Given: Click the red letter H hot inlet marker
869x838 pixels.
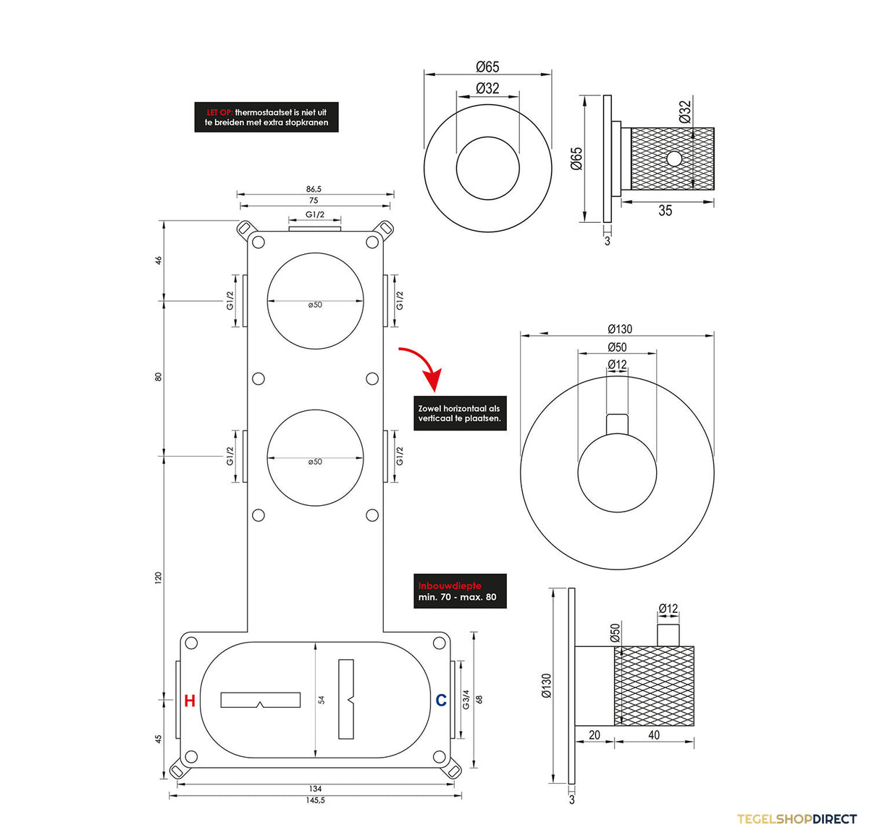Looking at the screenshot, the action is [190, 701].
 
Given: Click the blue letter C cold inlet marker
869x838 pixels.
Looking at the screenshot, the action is [441, 700].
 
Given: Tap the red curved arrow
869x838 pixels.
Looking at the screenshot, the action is [422, 368].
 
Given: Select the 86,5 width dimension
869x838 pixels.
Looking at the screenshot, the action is [314, 189].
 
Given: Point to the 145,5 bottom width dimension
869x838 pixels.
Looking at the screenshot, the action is [315, 800].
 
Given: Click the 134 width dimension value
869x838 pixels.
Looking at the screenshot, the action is [315, 789].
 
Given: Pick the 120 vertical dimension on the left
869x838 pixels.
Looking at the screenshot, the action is [158, 578].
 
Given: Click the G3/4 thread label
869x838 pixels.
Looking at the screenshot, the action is [466, 699].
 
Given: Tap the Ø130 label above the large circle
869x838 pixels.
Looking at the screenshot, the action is [620, 329].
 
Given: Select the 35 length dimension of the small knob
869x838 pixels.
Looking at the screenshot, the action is [665, 211].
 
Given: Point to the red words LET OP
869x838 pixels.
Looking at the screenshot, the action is [219, 112].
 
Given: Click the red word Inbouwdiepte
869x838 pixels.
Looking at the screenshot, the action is [450, 586].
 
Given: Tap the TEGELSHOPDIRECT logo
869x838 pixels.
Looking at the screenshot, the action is [797, 819].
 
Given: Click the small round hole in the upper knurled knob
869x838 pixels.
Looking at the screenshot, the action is [674, 158].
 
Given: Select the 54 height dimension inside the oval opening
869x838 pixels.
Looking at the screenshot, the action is [322, 700].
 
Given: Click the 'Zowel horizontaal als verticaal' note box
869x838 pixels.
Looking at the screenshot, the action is [460, 413].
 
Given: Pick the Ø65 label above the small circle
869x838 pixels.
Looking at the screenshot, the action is [487, 67].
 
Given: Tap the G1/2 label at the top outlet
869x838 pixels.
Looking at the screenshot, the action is [315, 215].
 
